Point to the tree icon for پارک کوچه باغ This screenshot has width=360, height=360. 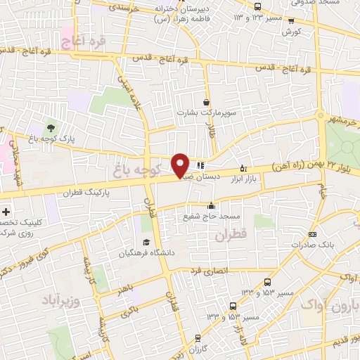point(50,128)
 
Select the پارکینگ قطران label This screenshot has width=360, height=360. point(87,193)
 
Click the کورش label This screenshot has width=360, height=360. point(291,32)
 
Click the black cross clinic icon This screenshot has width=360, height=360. point(6,212)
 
